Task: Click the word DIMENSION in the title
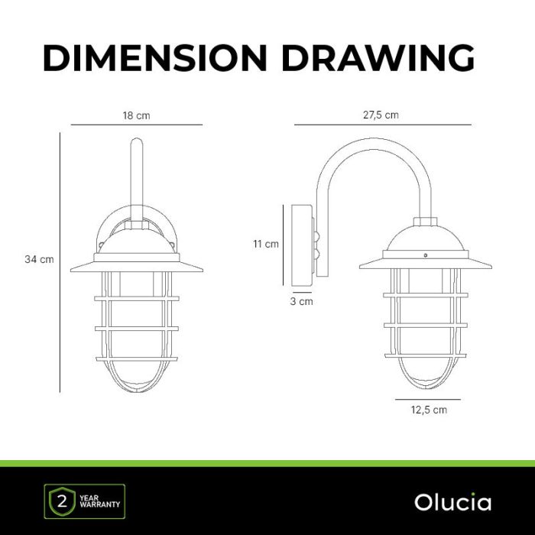(155, 57)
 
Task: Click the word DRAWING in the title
(378, 57)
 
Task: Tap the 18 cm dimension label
(137, 115)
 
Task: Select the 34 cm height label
(39, 259)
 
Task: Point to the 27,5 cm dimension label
(381, 115)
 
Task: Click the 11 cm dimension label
(266, 244)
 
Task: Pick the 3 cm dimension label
(301, 301)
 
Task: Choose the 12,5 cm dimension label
(429, 410)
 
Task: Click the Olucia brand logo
(452, 502)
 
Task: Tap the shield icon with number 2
(62, 501)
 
